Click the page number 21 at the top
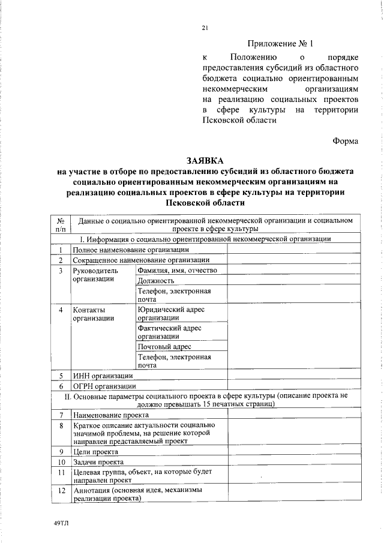point(205,28)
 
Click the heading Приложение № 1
point(280,44)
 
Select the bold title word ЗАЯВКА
point(205,161)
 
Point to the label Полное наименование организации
point(131,249)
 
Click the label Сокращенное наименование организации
point(140,260)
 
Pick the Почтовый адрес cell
point(164,346)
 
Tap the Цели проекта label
point(95,451)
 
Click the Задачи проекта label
point(98,462)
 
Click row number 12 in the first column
point(61,490)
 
